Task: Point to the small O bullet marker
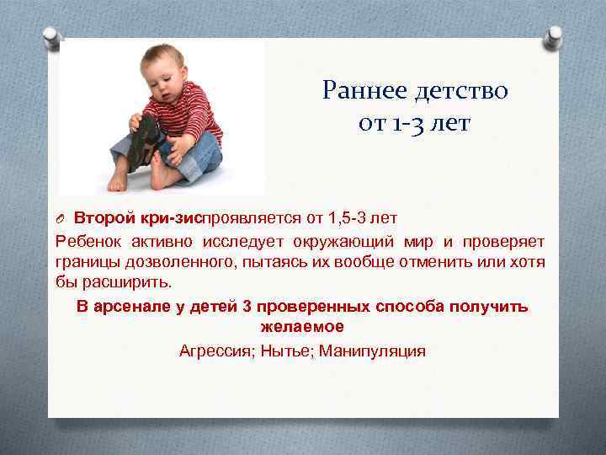61,220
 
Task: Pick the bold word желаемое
302,327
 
